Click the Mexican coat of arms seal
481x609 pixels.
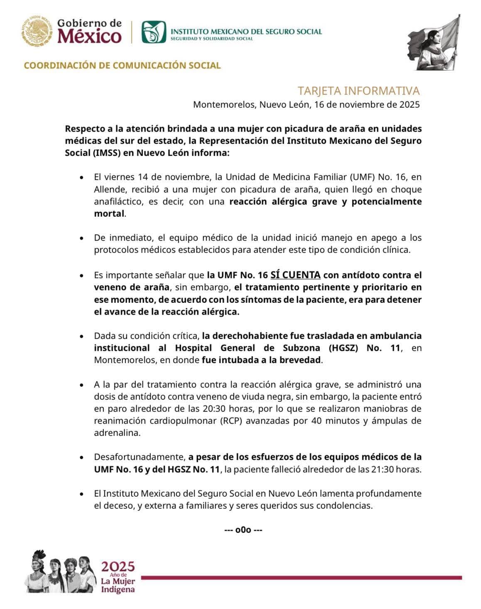point(37,31)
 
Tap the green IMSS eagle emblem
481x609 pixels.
point(153,32)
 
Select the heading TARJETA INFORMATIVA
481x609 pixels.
point(358,91)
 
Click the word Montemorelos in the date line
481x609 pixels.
point(224,104)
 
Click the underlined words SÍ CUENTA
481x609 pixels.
point(295,275)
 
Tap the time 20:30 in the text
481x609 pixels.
point(215,408)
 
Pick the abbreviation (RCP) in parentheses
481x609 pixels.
point(232,421)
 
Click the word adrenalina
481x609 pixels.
point(116,433)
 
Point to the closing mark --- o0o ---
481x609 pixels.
point(243,530)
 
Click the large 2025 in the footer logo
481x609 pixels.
point(118,566)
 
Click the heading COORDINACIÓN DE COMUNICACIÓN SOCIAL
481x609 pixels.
point(122,65)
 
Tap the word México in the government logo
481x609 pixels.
point(89,36)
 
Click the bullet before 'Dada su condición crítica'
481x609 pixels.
point(82,336)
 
